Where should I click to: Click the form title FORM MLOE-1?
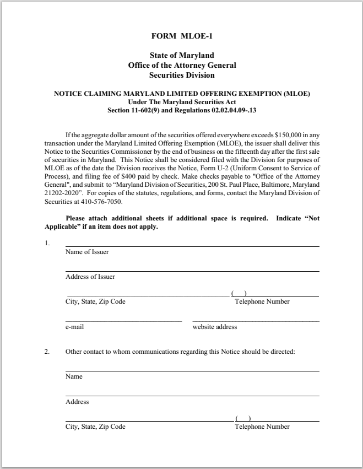click(x=182, y=36)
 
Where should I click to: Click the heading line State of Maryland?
click(x=182, y=56)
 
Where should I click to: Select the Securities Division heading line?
click(x=182, y=75)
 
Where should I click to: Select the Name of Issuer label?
click(x=87, y=252)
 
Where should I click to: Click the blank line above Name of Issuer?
click(x=192, y=245)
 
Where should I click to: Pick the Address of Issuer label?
click(x=90, y=277)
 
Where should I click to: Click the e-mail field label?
click(x=74, y=327)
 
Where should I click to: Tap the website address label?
click(x=215, y=327)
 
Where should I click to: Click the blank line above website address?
click(x=256, y=320)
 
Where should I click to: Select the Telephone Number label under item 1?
click(x=262, y=301)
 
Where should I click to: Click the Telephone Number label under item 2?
click(x=262, y=427)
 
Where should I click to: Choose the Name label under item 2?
click(x=74, y=376)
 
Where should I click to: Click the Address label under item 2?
click(x=77, y=402)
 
